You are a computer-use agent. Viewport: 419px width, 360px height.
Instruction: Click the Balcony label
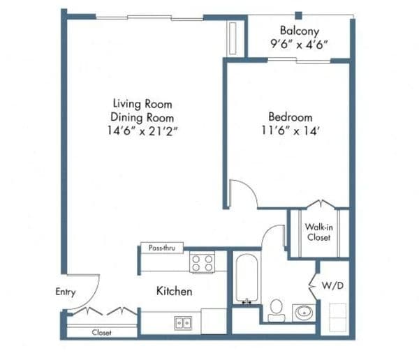point(300,31)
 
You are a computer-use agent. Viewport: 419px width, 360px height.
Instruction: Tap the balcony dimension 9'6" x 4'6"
point(299,45)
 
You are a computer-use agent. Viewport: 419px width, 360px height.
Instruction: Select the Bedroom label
point(291,117)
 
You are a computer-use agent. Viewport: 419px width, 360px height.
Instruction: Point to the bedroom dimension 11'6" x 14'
point(291,131)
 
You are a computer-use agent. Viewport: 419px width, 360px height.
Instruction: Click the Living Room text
point(142,104)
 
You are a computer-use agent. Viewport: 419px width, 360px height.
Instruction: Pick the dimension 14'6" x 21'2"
point(142,131)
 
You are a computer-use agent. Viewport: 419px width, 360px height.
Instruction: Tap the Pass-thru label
point(162,248)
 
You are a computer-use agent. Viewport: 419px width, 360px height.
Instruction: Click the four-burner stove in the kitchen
point(202,262)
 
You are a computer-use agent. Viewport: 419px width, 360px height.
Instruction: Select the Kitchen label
point(174,291)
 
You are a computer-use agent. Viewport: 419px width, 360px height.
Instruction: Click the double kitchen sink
point(183,323)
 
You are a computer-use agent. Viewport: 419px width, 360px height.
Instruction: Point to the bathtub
point(247,278)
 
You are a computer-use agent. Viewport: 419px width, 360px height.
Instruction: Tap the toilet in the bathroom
point(277,310)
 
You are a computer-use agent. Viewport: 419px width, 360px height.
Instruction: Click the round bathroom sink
point(304,313)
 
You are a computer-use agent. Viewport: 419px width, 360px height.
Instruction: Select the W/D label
point(332,285)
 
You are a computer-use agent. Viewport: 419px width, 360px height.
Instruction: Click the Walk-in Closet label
point(319,232)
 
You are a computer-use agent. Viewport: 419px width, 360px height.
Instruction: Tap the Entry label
point(66,292)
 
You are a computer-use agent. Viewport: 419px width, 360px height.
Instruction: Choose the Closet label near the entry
point(101,333)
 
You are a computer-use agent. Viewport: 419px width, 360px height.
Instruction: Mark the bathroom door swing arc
point(267,232)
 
